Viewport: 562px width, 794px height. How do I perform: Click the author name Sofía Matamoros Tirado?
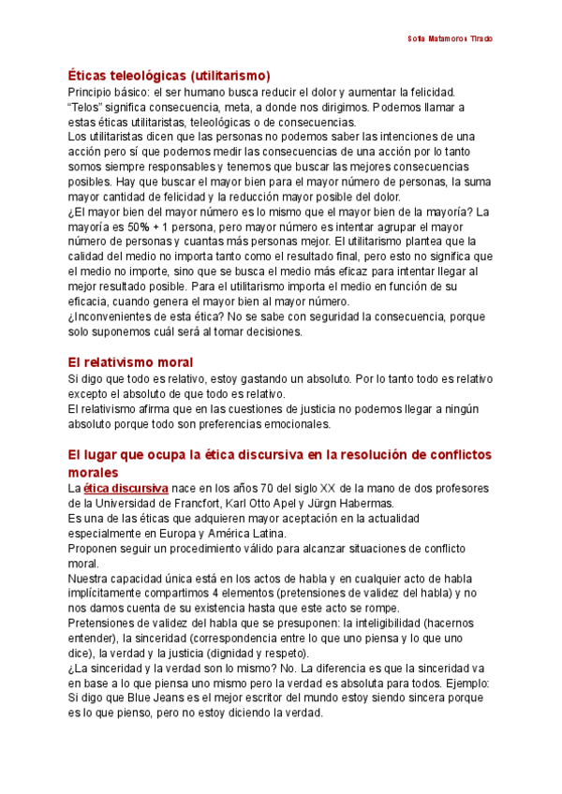(451, 39)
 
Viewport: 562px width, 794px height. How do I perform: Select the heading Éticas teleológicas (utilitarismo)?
(169, 75)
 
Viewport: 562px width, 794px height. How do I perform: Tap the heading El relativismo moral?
(130, 361)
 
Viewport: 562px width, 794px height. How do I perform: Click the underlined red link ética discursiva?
(126, 488)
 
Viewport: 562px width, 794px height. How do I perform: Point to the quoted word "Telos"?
(86, 106)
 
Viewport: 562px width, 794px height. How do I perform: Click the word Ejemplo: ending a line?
(464, 683)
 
